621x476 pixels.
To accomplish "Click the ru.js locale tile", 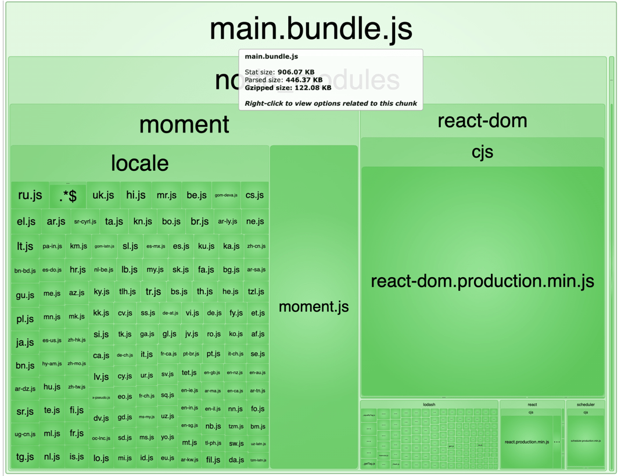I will tap(30, 195).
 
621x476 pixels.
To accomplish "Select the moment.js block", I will tap(314, 306).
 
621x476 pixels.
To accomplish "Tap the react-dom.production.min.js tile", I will tap(482, 281).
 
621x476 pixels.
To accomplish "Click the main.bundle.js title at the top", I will tap(311, 28).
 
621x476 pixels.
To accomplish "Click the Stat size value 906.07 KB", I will tap(296, 72).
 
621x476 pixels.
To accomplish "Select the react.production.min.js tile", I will tap(527, 442).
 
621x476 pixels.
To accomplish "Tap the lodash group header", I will tap(429, 405).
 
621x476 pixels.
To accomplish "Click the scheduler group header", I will tap(586, 405).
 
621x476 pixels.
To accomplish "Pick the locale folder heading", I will tap(139, 163).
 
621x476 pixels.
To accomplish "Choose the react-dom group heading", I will tap(482, 121).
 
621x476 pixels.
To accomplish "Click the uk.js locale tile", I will tap(103, 195).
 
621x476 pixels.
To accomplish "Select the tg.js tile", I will tap(25, 457).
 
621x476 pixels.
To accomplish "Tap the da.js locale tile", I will tap(236, 459).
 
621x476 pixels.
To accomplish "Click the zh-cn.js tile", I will tap(256, 246).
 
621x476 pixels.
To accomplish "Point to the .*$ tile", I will tap(68, 196).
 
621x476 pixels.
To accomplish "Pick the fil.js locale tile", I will tap(213, 459).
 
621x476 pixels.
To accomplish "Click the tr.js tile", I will tap(153, 292).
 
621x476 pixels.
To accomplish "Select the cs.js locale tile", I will tap(254, 195).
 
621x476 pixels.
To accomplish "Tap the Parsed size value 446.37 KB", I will tap(299, 80).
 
